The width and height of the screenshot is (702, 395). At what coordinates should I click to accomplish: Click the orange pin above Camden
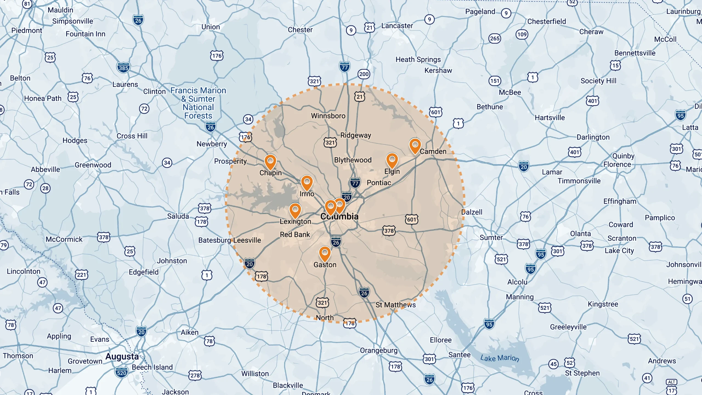point(415,145)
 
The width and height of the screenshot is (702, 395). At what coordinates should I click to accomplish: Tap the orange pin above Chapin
point(270,162)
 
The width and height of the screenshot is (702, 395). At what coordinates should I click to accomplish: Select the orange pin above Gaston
point(325,253)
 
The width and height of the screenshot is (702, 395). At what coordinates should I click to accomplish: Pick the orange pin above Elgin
point(392,160)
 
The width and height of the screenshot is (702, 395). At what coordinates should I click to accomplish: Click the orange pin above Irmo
point(307,182)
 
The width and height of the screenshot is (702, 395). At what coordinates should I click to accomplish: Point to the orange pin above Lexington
point(295,210)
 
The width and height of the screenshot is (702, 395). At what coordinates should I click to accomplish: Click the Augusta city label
point(122,356)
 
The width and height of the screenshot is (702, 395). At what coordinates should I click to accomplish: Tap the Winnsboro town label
point(328,116)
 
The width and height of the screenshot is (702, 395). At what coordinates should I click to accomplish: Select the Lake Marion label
point(500,358)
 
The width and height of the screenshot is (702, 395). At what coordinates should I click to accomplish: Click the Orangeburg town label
point(378,350)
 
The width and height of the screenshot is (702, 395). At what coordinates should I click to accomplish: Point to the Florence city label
point(617,164)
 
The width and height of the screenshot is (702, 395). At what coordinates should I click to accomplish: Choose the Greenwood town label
point(93,165)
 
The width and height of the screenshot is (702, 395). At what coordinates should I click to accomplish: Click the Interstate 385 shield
point(123,68)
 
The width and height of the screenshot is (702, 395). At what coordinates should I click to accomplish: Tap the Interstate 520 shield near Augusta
point(121,373)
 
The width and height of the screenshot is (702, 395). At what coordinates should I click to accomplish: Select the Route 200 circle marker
point(364,74)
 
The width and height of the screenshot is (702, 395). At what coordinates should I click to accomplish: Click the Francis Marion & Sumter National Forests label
point(198,103)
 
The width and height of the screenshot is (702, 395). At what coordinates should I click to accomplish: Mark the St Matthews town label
point(395,305)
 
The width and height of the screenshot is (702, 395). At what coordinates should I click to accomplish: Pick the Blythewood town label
point(353,160)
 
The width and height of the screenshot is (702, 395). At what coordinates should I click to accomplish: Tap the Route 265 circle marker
point(495,38)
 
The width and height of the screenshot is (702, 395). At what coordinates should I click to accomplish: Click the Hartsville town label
point(550,118)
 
